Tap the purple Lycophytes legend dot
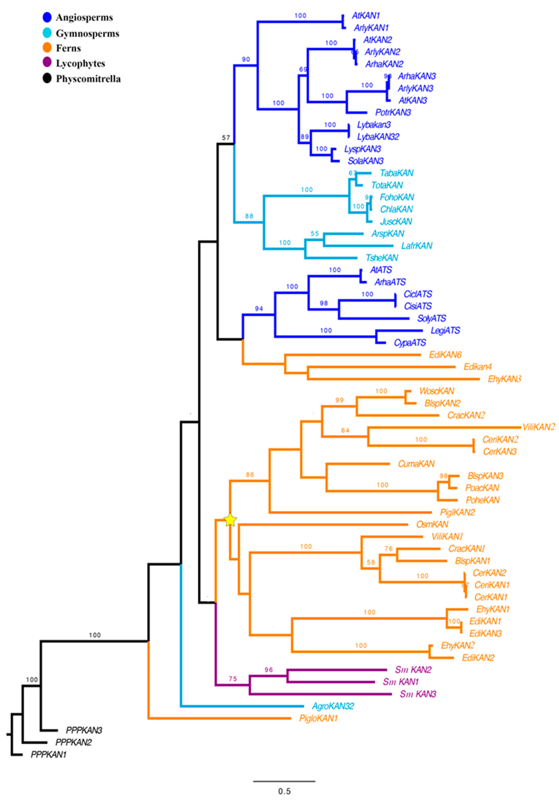[x=47, y=63]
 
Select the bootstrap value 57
[x=226, y=138]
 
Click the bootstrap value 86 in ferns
[x=250, y=475]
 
